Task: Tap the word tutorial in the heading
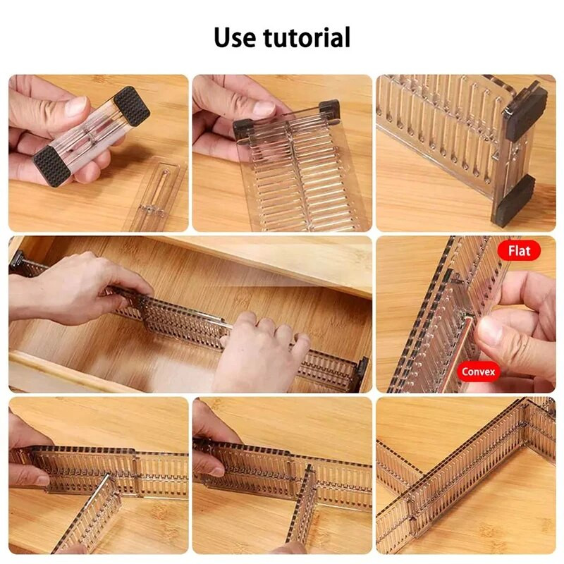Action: point(308,37)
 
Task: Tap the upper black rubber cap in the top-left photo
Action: point(132,106)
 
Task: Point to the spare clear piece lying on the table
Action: point(156,195)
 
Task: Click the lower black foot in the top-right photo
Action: point(513,201)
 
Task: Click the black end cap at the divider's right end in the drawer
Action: point(361,372)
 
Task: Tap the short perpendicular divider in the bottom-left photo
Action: point(92,511)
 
